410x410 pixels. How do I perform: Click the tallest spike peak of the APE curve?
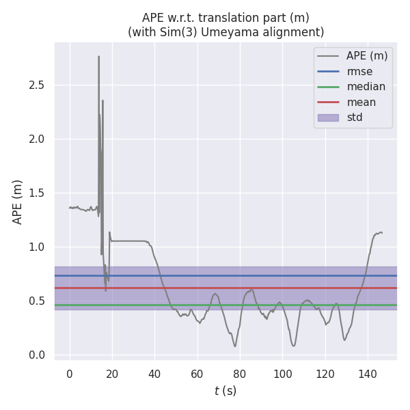point(98,57)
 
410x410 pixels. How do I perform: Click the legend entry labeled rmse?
point(359,71)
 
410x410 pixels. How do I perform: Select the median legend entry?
point(366,87)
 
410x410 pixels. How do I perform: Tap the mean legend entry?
point(361,102)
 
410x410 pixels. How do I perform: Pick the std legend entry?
point(355,118)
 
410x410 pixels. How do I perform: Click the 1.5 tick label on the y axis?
point(40,193)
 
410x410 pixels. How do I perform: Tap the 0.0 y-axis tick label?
point(40,355)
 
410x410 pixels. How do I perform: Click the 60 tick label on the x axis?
point(197,374)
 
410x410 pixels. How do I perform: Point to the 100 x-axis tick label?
point(282,374)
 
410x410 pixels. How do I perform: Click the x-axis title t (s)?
point(225,391)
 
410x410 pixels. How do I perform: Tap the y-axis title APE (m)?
point(18,202)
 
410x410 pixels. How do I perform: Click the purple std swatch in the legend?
point(329,118)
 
